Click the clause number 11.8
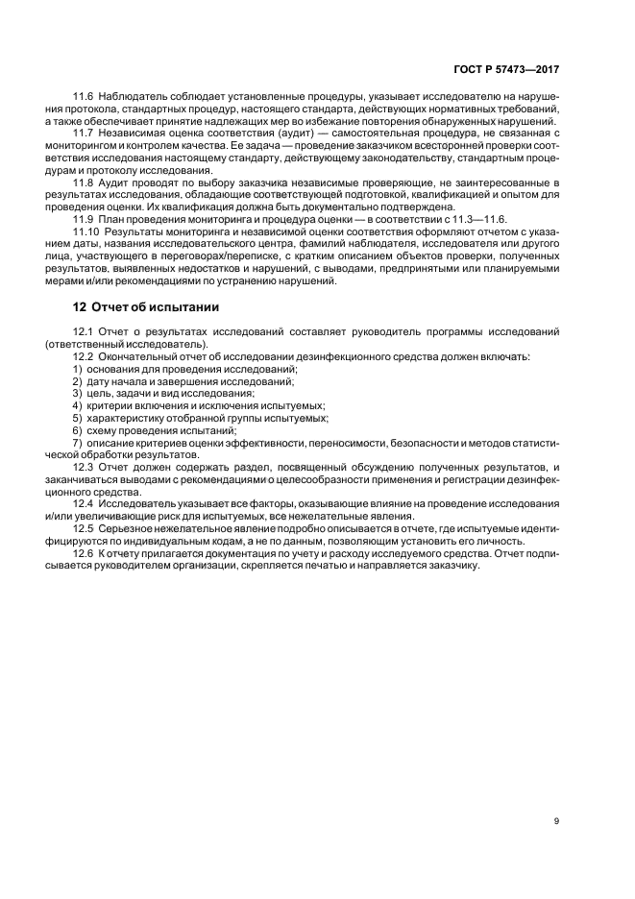click(85, 182)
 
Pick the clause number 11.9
click(85, 220)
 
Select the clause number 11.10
click(87, 232)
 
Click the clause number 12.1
click(85, 332)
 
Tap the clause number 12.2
click(85, 357)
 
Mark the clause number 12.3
click(85, 467)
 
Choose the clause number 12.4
click(85, 504)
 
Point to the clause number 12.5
click(85, 529)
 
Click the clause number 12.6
click(85, 554)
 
